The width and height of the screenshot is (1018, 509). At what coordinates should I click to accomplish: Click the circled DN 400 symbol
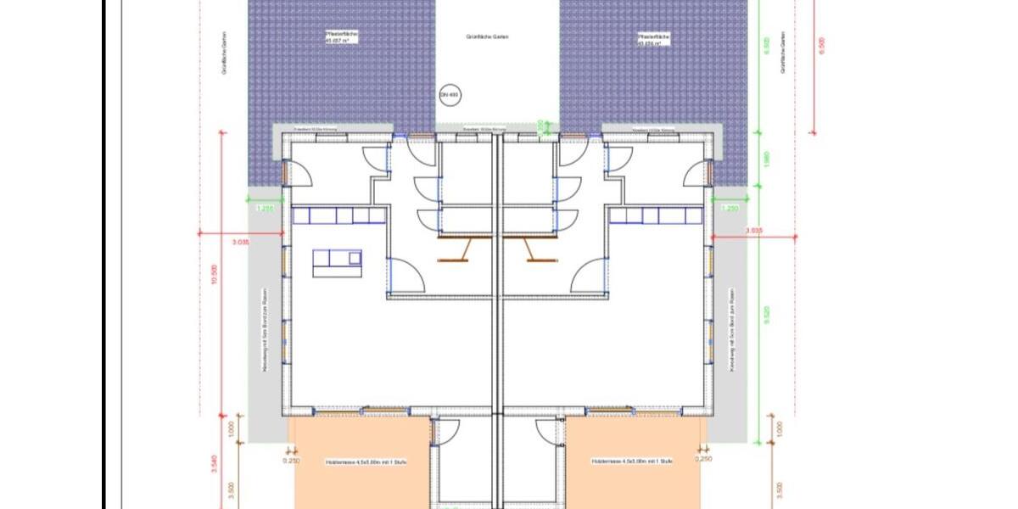[447, 95]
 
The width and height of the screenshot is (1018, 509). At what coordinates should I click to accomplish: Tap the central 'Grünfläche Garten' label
[487, 37]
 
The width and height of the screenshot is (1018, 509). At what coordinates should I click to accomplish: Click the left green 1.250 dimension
[266, 209]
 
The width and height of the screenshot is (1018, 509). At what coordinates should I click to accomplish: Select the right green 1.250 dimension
[729, 209]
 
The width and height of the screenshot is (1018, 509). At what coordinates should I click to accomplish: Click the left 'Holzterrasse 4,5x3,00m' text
[359, 461]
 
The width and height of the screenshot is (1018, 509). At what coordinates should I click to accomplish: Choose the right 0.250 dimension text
[703, 459]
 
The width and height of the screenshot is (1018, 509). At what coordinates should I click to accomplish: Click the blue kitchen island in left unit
[337, 262]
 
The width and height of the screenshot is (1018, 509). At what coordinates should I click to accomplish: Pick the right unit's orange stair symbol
[530, 249]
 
